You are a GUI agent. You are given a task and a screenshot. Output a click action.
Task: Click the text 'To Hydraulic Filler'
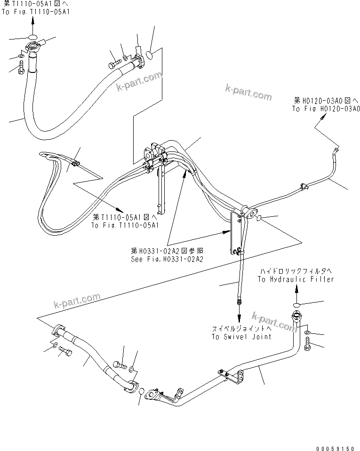pyautogui.click(x=296, y=279)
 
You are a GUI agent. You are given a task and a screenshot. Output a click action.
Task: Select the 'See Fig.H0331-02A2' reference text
pyautogui.click(x=167, y=260)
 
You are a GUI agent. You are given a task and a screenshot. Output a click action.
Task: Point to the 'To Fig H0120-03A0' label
pyautogui.click(x=326, y=109)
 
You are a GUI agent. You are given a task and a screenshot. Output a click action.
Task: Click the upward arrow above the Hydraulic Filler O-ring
pyautogui.click(x=296, y=292)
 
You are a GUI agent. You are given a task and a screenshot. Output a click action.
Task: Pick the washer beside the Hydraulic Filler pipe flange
pyautogui.click(x=307, y=333)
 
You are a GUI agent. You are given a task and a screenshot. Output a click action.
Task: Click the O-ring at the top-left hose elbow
pyautogui.click(x=32, y=37)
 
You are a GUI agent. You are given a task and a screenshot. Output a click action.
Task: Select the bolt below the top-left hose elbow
pyautogui.click(x=20, y=69)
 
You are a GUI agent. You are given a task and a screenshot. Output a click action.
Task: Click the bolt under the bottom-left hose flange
pyautogui.click(x=65, y=353)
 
